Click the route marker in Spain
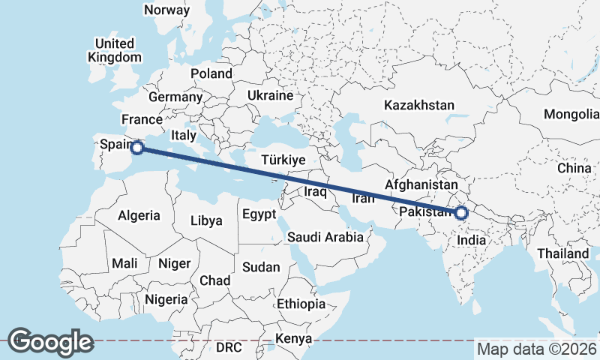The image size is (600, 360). click(x=137, y=148)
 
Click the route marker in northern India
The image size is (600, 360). click(x=461, y=213)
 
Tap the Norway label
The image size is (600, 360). click(x=167, y=10)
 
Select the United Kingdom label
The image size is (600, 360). click(x=114, y=50)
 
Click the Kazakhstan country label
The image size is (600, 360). click(x=419, y=105)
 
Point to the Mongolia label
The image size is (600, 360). click(x=571, y=114)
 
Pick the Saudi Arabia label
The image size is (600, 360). click(x=325, y=237)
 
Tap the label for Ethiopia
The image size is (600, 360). click(x=301, y=304)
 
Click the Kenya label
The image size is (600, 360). click(x=293, y=338)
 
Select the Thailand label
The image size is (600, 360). click(x=562, y=253)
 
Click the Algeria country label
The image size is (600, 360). click(x=139, y=215)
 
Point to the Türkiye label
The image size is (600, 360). click(x=283, y=160)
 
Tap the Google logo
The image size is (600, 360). click(x=50, y=341)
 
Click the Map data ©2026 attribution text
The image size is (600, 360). click(x=536, y=349)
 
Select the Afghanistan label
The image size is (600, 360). click(x=421, y=184)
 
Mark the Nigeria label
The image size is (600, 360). click(x=166, y=299)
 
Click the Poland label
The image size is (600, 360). click(x=211, y=73)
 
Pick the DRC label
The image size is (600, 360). click(x=229, y=348)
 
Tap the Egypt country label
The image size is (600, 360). click(x=260, y=215)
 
